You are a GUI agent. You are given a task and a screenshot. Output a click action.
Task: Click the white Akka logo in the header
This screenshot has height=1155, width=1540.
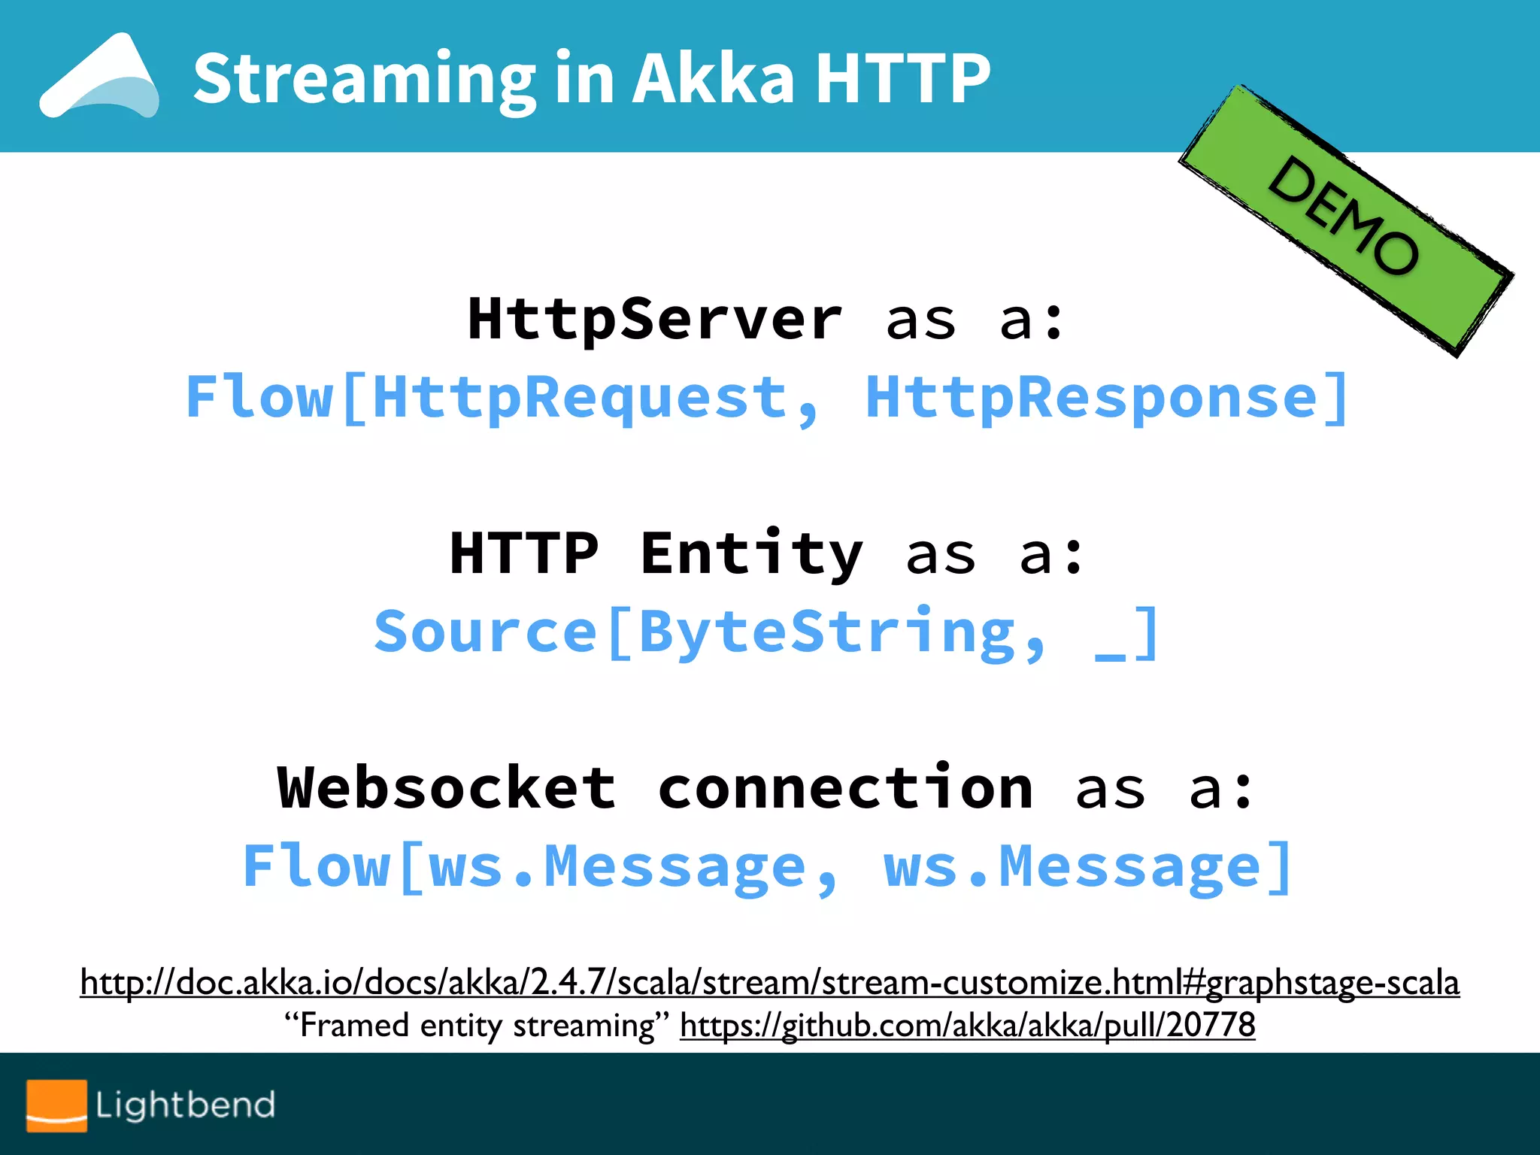(x=100, y=77)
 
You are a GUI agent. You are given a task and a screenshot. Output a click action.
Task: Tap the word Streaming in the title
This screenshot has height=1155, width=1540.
(x=364, y=79)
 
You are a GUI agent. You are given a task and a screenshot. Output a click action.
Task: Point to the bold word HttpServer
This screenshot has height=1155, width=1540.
(x=655, y=320)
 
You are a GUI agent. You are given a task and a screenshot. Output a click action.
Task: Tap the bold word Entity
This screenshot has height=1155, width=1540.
(x=751, y=554)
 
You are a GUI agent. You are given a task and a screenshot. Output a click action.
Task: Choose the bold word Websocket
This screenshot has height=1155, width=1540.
(x=447, y=788)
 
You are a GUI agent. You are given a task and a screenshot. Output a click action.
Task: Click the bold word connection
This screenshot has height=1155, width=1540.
(x=845, y=788)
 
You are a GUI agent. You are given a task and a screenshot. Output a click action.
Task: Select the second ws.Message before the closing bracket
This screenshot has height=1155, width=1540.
(x=1072, y=867)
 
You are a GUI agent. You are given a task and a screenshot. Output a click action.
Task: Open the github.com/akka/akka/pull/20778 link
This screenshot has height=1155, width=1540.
(x=968, y=1025)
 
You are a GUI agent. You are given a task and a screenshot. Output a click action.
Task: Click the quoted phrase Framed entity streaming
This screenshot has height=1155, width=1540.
(x=477, y=1025)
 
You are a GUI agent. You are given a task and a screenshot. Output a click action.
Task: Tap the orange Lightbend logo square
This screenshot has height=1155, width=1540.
(x=56, y=1105)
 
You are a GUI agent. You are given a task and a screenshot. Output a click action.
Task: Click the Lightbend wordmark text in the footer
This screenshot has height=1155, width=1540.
(x=185, y=1105)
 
